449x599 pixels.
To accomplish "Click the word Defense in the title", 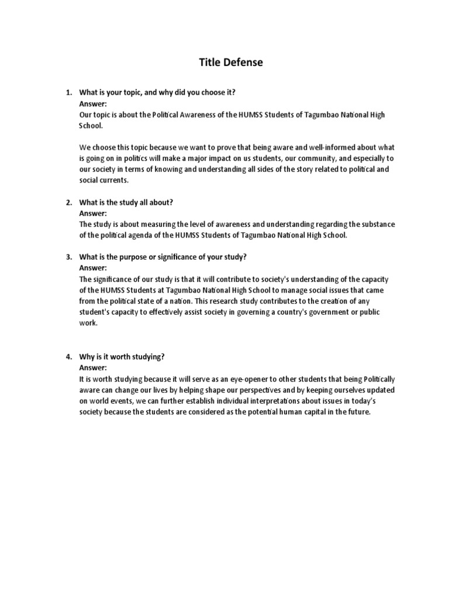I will [x=241, y=63].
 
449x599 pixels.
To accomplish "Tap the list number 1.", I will [x=68, y=92].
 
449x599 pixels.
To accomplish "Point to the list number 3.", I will [x=68, y=257].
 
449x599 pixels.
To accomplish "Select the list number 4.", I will [x=68, y=356].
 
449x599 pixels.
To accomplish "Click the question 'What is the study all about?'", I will [x=126, y=202].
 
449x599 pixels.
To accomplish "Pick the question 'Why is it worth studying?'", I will [x=122, y=356].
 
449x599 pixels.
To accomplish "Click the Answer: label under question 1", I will [x=93, y=104].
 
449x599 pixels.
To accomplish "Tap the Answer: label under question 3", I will [x=93, y=268].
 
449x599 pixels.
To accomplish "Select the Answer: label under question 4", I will [x=93, y=367].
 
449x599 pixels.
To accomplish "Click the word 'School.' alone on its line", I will [x=91, y=125].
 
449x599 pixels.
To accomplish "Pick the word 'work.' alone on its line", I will [x=88, y=323].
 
